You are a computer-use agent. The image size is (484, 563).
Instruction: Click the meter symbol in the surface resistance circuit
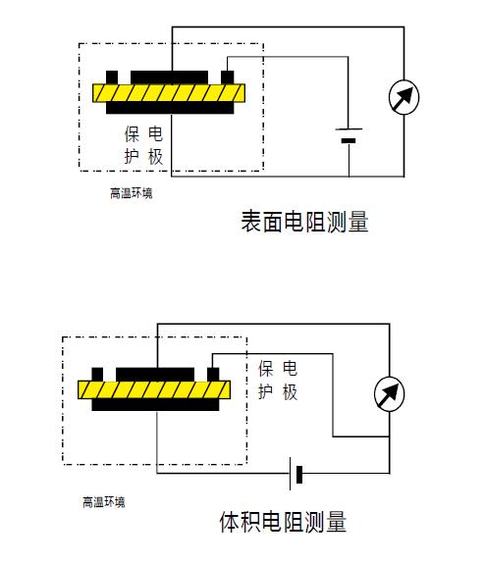pos(403,97)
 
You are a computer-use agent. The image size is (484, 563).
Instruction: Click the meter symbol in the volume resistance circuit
pos(389,394)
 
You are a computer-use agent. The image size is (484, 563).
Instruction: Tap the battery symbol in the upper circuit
pos(349,134)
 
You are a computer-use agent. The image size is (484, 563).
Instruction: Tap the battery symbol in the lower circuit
pos(296,474)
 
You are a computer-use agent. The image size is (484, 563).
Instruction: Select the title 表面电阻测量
pos(304,222)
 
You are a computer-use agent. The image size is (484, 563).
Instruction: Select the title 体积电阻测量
pos(283,522)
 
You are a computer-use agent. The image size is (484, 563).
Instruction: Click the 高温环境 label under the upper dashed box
pos(132,193)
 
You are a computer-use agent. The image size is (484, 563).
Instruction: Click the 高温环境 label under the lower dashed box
pos(104,502)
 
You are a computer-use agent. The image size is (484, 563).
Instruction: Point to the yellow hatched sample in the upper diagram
pos(169,93)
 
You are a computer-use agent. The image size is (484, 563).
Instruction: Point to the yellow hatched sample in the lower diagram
pos(154,390)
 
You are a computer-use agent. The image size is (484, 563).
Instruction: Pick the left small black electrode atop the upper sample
pos(112,77)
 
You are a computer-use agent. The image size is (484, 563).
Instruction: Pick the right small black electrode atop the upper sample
pos(227,77)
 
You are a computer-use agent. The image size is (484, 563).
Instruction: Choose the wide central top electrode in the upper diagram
pos(169,77)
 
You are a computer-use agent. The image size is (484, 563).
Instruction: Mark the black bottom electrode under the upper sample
pos(170,108)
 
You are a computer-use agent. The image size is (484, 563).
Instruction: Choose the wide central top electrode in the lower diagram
pos(155,374)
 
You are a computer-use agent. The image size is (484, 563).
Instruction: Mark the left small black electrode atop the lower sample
pos(97,374)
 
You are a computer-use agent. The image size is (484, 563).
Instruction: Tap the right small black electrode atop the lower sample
pos(213,374)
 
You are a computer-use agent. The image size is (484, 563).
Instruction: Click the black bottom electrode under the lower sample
pos(155,405)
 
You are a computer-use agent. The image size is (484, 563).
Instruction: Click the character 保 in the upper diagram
pos(132,134)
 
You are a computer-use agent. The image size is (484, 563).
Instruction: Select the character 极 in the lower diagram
pos(290,392)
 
